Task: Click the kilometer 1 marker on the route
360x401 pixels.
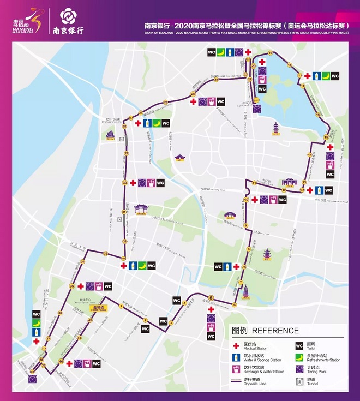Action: tap(121, 306)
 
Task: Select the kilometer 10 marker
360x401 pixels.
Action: tap(246, 200)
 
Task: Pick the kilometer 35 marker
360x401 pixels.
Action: tap(71, 286)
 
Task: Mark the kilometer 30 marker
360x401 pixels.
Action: tap(125, 183)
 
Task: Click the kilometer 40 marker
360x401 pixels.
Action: tap(61, 362)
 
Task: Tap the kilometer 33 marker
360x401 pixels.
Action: tap(105, 254)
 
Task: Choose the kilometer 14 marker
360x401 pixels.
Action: tap(309, 155)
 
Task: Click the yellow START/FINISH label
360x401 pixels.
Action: tap(100, 308)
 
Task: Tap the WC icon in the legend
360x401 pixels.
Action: tap(299, 345)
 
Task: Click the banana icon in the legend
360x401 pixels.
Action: tap(299, 358)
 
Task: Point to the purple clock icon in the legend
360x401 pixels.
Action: tap(299, 370)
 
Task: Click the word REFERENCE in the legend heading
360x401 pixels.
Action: tap(275, 331)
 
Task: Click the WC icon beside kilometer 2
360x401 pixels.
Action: tap(146, 328)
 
